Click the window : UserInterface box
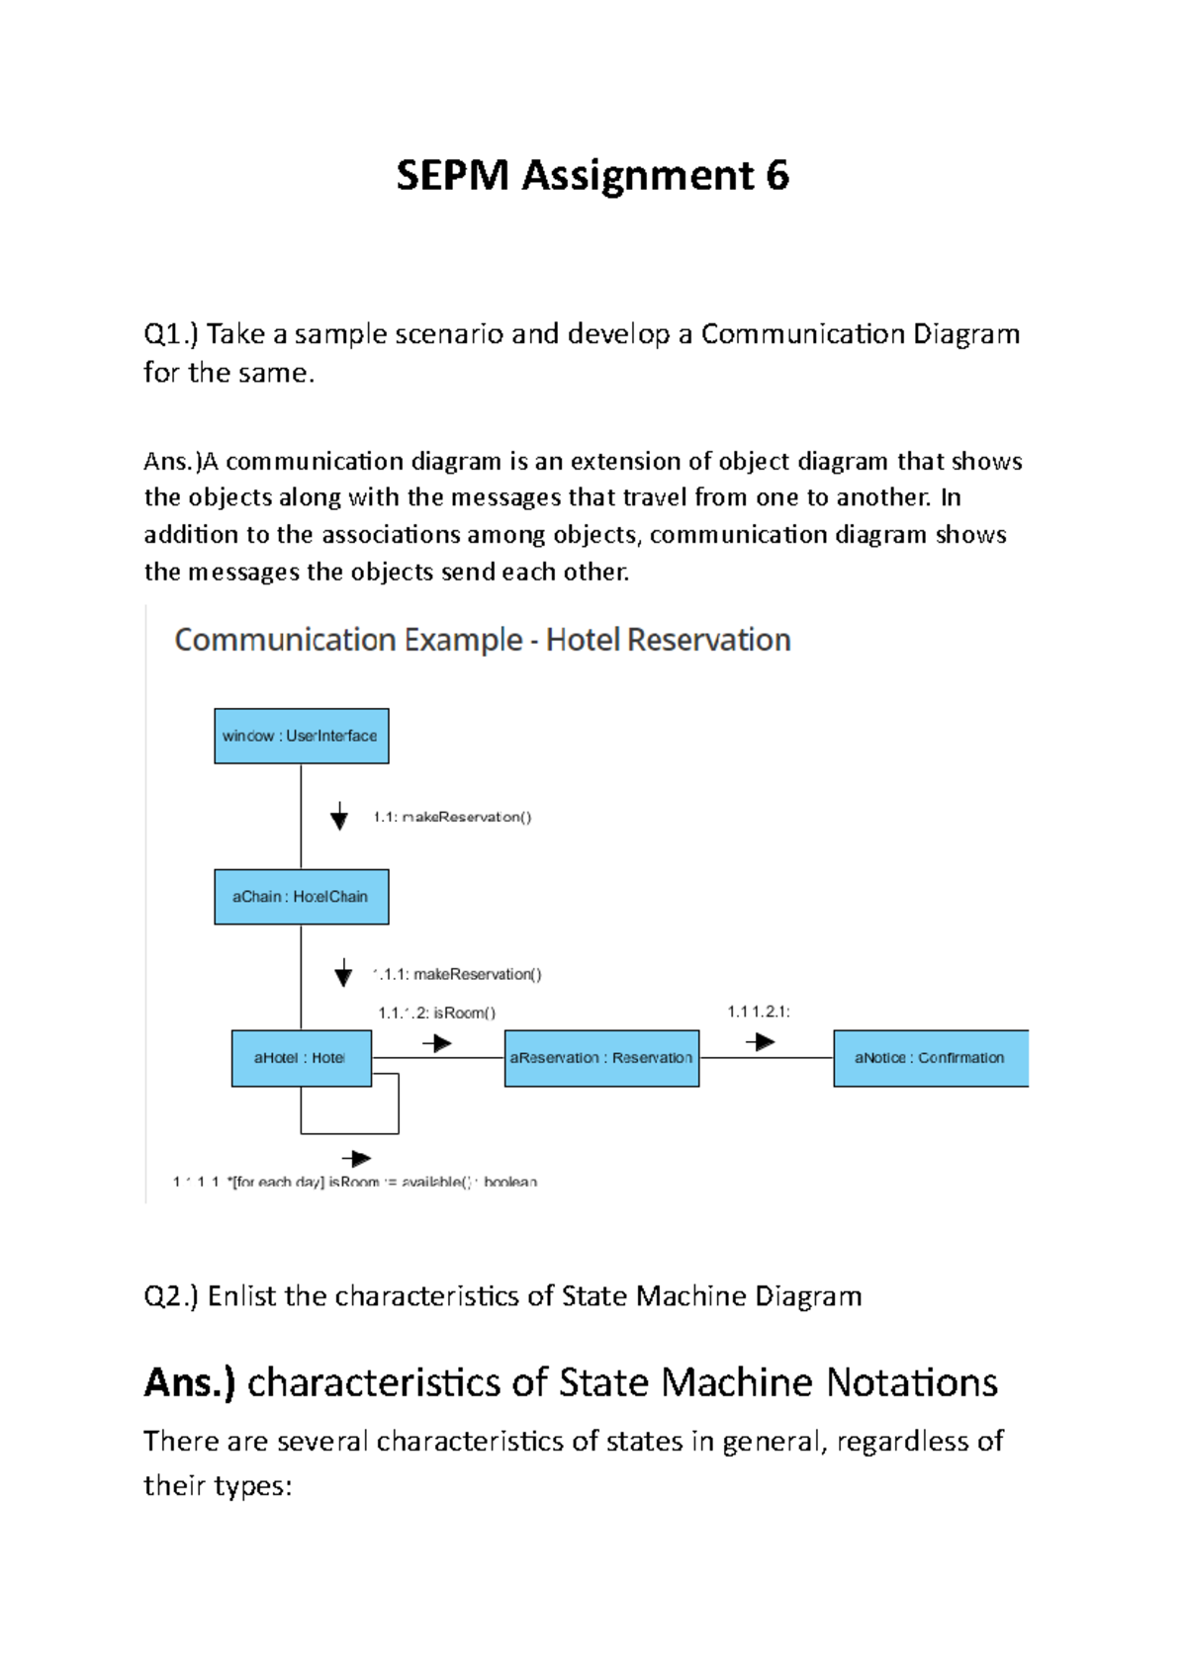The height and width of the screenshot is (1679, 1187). pyautogui.click(x=301, y=736)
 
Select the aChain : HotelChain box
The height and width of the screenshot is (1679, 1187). pyautogui.click(x=301, y=897)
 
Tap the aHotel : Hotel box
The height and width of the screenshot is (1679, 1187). pyautogui.click(x=301, y=1058)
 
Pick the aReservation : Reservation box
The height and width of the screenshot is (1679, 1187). pyautogui.click(x=601, y=1058)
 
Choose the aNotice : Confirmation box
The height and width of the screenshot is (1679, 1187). pyautogui.click(x=930, y=1058)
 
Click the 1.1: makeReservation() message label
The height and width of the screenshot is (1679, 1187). pyautogui.click(x=452, y=817)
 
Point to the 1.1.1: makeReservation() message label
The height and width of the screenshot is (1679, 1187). pyautogui.click(x=458, y=974)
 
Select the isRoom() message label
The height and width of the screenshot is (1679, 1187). pyautogui.click(x=437, y=1013)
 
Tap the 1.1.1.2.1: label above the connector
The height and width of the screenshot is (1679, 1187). pyautogui.click(x=759, y=1012)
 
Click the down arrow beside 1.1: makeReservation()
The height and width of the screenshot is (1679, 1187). pyautogui.click(x=339, y=817)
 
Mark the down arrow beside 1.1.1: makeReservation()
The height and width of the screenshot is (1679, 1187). pyautogui.click(x=343, y=974)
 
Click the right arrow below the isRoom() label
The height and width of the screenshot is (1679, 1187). pyautogui.click(x=437, y=1043)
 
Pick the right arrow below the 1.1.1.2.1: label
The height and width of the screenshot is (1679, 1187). pyautogui.click(x=760, y=1042)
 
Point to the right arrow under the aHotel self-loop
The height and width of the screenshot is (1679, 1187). pyautogui.click(x=356, y=1159)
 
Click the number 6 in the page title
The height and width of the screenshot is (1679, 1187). pyautogui.click(x=777, y=176)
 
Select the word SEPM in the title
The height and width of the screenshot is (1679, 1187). pyautogui.click(x=452, y=176)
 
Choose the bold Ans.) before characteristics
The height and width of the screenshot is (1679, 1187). pyautogui.click(x=190, y=1382)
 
